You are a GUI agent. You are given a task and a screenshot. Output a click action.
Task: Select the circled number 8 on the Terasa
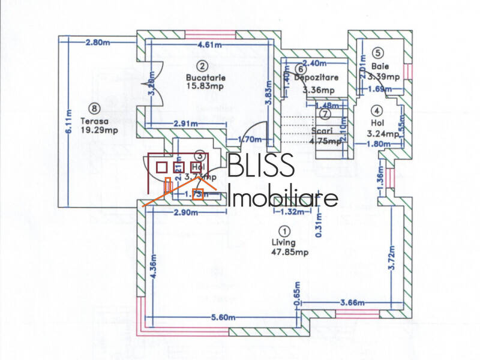(92, 109)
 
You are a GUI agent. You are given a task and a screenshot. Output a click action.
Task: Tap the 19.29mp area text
(92, 129)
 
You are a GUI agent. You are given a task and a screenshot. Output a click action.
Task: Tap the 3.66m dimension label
(352, 303)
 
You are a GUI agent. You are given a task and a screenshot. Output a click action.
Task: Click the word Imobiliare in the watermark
(283, 197)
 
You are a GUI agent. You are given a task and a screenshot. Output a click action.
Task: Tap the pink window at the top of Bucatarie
(209, 34)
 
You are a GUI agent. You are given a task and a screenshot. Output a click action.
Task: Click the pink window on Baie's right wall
(410, 71)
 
